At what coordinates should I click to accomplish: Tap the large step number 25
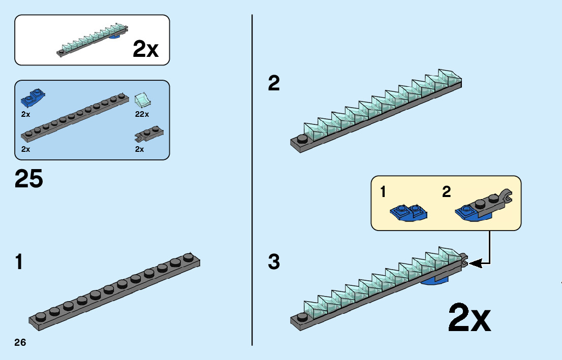tap(29, 179)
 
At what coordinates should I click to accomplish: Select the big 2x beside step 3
tap(469, 318)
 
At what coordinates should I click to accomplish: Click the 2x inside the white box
tap(145, 49)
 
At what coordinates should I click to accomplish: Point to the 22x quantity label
tap(142, 114)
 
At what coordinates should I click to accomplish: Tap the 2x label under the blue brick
tap(26, 114)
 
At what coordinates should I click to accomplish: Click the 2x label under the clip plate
tap(139, 149)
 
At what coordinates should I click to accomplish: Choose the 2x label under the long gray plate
tap(26, 149)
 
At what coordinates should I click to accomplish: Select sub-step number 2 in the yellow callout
tap(447, 192)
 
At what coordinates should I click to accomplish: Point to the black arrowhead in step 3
tap(474, 263)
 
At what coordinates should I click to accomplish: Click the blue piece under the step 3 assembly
tap(435, 280)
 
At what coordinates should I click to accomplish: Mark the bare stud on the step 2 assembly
tap(301, 139)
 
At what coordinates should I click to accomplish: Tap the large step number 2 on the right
tap(274, 84)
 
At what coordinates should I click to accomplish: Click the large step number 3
tap(274, 263)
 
